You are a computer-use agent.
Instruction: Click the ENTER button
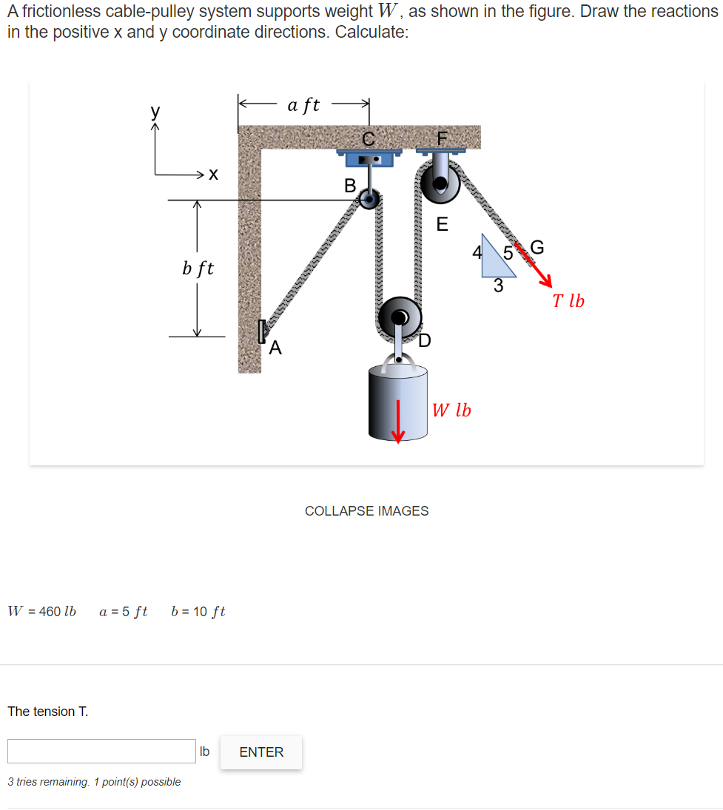[261, 752]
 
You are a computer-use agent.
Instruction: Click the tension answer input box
[101, 751]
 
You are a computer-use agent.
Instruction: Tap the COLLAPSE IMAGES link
[366, 510]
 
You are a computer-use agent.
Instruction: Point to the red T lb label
[568, 301]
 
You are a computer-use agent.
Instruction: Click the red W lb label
[451, 410]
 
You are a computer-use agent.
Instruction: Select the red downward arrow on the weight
[398, 421]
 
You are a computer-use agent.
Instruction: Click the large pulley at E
[440, 183]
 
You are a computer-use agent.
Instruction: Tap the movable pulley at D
[400, 318]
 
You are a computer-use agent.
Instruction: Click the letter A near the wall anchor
[275, 347]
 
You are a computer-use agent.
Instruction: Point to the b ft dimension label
[198, 268]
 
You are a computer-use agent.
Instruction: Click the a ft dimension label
[303, 104]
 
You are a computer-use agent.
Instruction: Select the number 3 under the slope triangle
[498, 286]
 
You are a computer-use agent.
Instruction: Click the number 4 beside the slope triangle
[478, 252]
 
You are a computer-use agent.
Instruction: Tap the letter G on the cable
[537, 247]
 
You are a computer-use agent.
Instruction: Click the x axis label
[213, 175]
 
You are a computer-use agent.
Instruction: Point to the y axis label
[155, 112]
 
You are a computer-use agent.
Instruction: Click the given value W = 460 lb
[42, 611]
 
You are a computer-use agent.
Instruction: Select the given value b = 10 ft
[198, 611]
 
